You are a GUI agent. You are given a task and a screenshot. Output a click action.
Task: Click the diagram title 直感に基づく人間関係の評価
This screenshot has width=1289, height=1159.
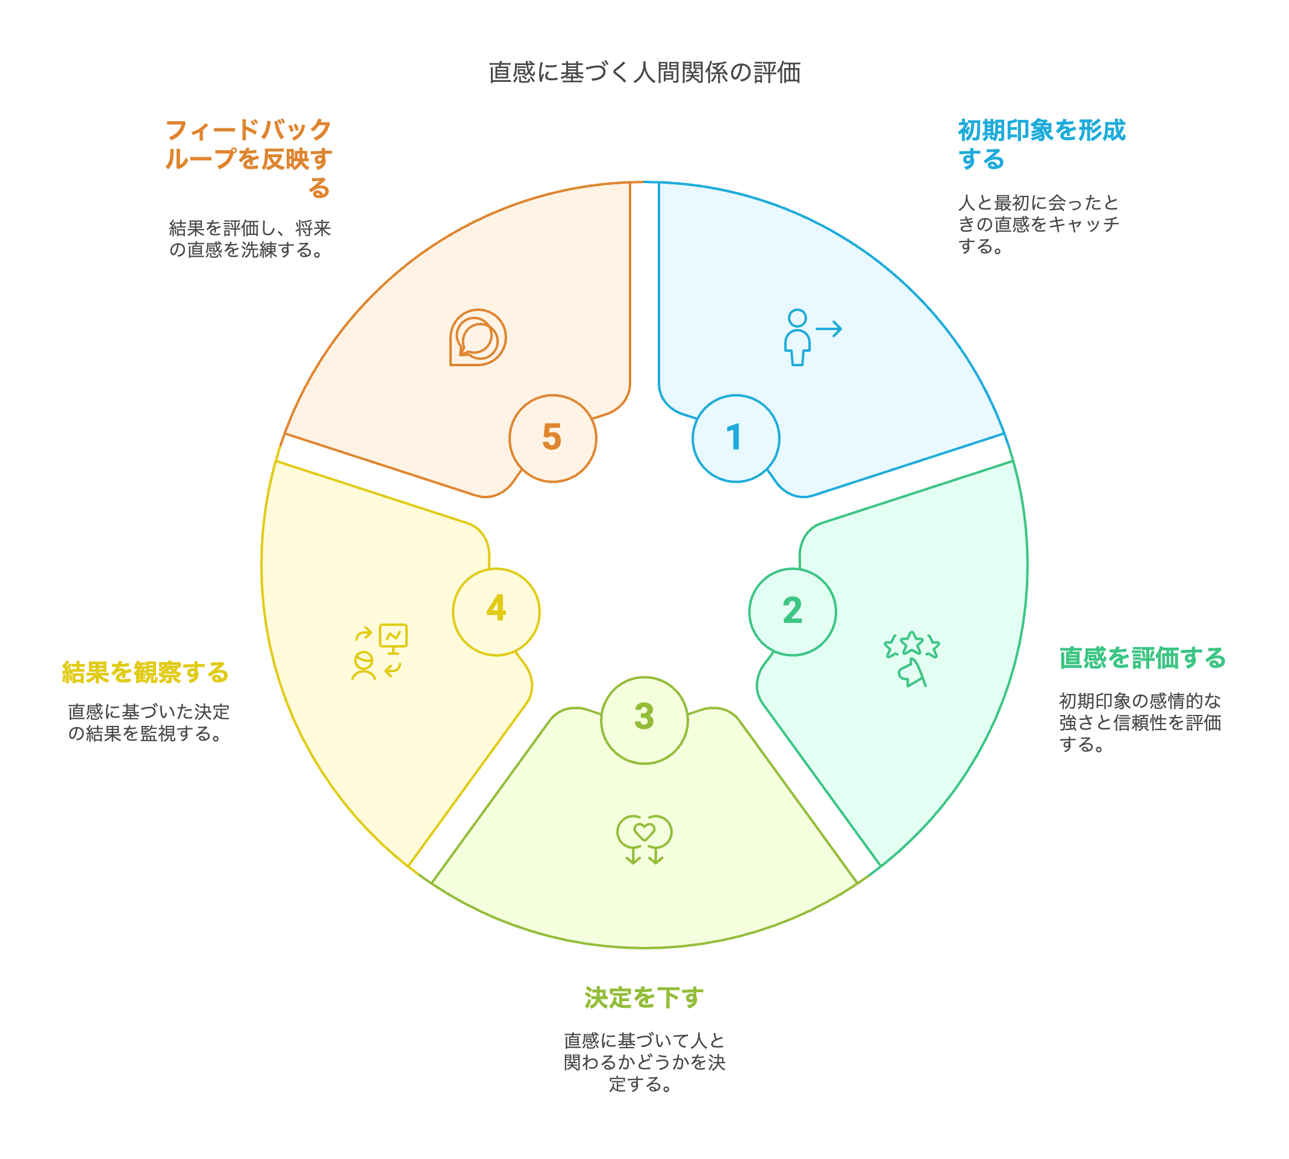(x=644, y=73)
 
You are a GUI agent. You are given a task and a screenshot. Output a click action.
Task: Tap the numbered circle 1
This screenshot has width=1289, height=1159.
(x=735, y=438)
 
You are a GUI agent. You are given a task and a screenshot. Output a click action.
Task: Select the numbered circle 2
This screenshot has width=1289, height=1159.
(x=792, y=611)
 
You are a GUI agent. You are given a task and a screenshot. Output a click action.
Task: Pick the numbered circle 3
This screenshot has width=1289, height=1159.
(x=644, y=720)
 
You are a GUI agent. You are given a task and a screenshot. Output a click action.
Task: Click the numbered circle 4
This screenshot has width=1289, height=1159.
(x=496, y=611)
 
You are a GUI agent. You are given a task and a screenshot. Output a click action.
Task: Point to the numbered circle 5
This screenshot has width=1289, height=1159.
(x=552, y=438)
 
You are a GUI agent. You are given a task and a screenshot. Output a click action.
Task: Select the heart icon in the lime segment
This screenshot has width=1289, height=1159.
(x=644, y=838)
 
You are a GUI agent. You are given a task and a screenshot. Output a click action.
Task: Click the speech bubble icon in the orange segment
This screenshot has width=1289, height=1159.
(x=478, y=337)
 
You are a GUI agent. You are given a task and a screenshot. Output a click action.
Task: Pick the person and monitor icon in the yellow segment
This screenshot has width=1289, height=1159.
(x=379, y=652)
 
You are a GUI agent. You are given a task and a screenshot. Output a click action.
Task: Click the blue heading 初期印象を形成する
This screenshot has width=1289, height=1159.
(x=1041, y=145)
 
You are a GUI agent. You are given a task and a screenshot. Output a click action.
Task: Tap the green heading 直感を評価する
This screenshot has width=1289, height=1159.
(x=1143, y=658)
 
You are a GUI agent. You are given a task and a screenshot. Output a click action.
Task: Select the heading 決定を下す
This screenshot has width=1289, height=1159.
(x=644, y=997)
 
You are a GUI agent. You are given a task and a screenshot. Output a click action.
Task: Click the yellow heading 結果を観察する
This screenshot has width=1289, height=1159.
(x=145, y=672)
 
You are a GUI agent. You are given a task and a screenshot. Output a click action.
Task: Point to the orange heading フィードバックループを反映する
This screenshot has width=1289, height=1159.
(x=248, y=158)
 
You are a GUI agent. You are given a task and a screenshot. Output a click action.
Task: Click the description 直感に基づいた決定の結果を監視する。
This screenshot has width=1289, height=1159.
(x=148, y=723)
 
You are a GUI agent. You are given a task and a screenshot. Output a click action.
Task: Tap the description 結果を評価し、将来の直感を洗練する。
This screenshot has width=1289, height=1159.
(x=249, y=239)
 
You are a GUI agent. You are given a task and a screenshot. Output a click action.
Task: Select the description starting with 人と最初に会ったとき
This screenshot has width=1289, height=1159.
(x=1038, y=224)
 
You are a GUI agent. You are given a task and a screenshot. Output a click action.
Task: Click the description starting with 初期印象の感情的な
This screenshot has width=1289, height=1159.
(x=1140, y=722)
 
